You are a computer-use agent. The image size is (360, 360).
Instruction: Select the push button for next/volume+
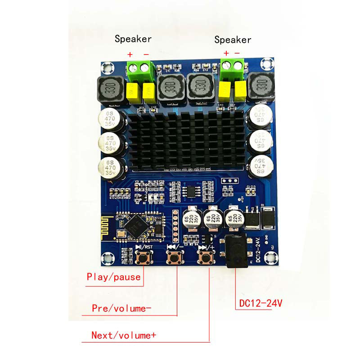tap(207, 258)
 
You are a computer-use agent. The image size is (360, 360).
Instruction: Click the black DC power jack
tap(236, 252)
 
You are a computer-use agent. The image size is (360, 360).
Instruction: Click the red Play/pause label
tap(113, 277)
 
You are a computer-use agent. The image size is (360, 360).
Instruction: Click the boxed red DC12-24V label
tap(258, 303)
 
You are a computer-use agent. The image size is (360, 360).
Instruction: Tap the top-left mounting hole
tap(108, 68)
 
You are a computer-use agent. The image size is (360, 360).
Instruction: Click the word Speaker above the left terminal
tap(133, 39)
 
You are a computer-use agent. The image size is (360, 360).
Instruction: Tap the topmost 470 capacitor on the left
tap(110, 119)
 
